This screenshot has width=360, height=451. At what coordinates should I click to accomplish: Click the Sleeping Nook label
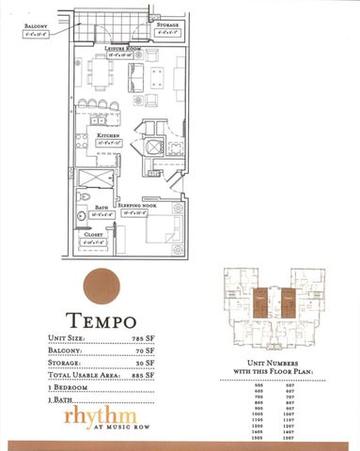[x=137, y=208]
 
